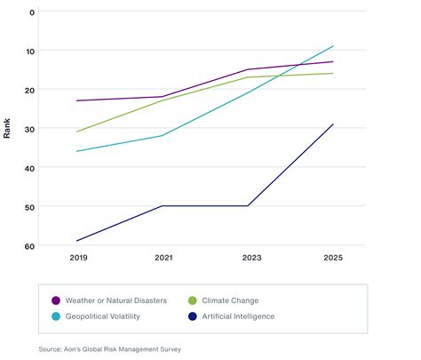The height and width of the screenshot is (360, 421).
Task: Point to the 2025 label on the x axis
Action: click(x=333, y=257)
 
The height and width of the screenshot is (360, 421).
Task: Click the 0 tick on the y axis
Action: click(x=32, y=12)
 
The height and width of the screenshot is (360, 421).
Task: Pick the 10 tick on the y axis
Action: click(x=30, y=52)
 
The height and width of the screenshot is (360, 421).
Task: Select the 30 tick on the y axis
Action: click(x=30, y=129)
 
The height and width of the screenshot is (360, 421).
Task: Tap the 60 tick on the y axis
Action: click(x=30, y=245)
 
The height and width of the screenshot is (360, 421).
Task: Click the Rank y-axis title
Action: click(x=8, y=129)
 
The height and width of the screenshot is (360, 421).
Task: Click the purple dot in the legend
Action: click(x=56, y=300)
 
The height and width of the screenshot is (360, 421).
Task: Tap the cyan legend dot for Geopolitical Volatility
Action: click(x=56, y=316)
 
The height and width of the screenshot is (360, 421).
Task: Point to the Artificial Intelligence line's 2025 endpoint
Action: click(x=333, y=124)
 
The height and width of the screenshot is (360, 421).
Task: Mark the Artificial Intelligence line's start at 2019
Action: click(x=76, y=241)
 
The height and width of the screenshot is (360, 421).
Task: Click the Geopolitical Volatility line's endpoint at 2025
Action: click(x=333, y=46)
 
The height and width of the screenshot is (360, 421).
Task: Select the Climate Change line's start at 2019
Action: click(x=76, y=132)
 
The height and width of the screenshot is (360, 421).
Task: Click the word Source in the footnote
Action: click(x=51, y=348)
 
